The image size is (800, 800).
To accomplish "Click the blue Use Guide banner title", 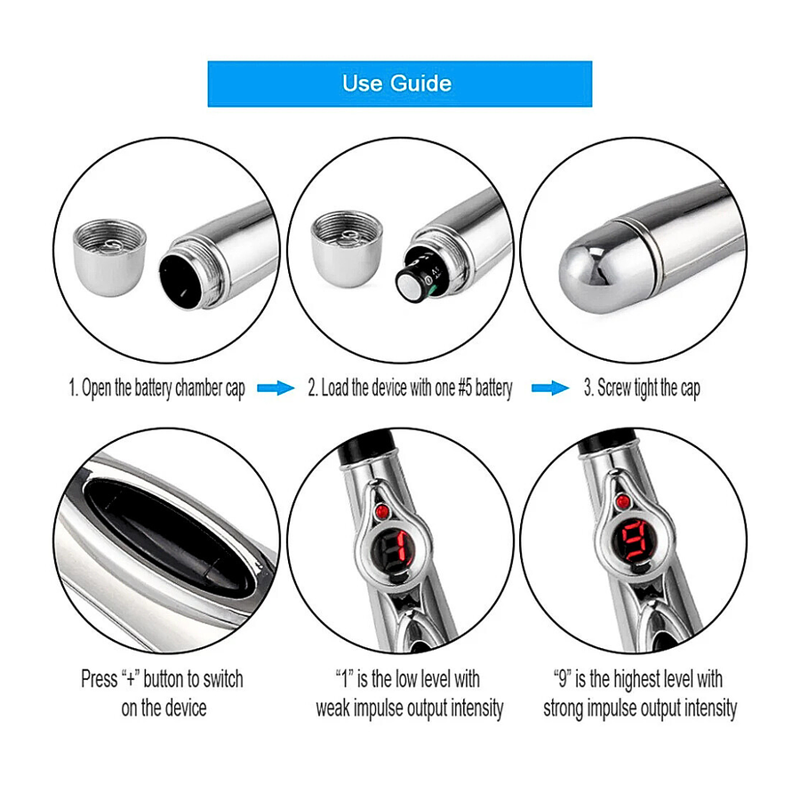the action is pyautogui.click(x=397, y=84).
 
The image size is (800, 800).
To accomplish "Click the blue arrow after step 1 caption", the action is pyautogui.click(x=276, y=388).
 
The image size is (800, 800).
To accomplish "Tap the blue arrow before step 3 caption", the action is pyautogui.click(x=550, y=388).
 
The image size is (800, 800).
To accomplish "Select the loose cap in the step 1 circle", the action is pyautogui.click(x=109, y=258).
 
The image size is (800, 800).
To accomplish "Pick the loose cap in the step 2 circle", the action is pyautogui.click(x=347, y=249).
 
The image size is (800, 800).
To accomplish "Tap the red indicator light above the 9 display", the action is pyautogui.click(x=622, y=501).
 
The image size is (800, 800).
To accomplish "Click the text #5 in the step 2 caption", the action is pyautogui.click(x=464, y=388).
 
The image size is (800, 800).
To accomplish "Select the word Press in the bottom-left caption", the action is pyautogui.click(x=99, y=679).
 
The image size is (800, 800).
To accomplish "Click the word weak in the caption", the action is pyautogui.click(x=332, y=708).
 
